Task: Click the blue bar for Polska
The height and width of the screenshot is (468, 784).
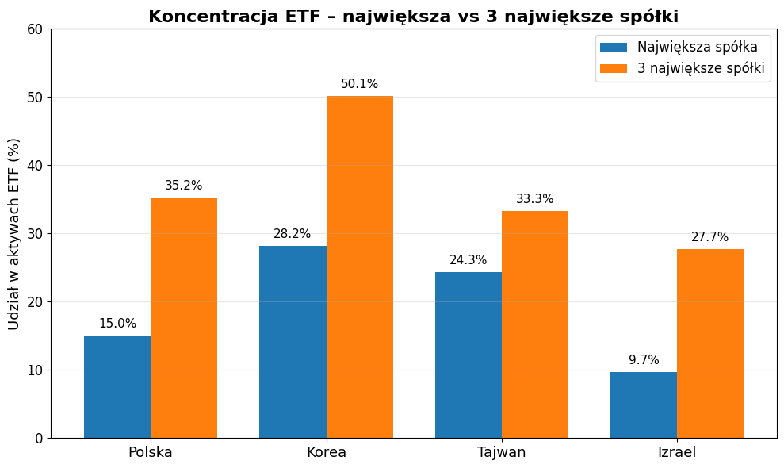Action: [117, 386]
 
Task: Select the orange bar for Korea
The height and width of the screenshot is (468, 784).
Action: [360, 267]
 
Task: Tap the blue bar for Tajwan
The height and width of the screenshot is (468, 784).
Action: [468, 355]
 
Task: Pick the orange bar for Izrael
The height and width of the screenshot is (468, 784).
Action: [710, 343]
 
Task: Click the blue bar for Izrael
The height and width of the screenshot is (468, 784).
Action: [644, 405]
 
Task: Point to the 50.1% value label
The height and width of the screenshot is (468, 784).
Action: [360, 84]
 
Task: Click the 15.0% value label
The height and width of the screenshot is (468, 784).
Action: [117, 324]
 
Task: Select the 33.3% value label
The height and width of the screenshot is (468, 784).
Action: [535, 199]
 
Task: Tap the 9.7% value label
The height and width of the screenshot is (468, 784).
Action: [644, 360]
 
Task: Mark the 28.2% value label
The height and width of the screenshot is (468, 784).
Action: [293, 234]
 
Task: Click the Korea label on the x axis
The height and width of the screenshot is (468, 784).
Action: [327, 453]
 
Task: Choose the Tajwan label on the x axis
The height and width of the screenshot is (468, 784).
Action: [502, 453]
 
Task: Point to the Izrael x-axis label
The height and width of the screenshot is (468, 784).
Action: [677, 453]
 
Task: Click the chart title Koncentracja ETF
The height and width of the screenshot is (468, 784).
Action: [413, 17]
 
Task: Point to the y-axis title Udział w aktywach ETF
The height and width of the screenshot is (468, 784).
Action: [14, 233]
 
